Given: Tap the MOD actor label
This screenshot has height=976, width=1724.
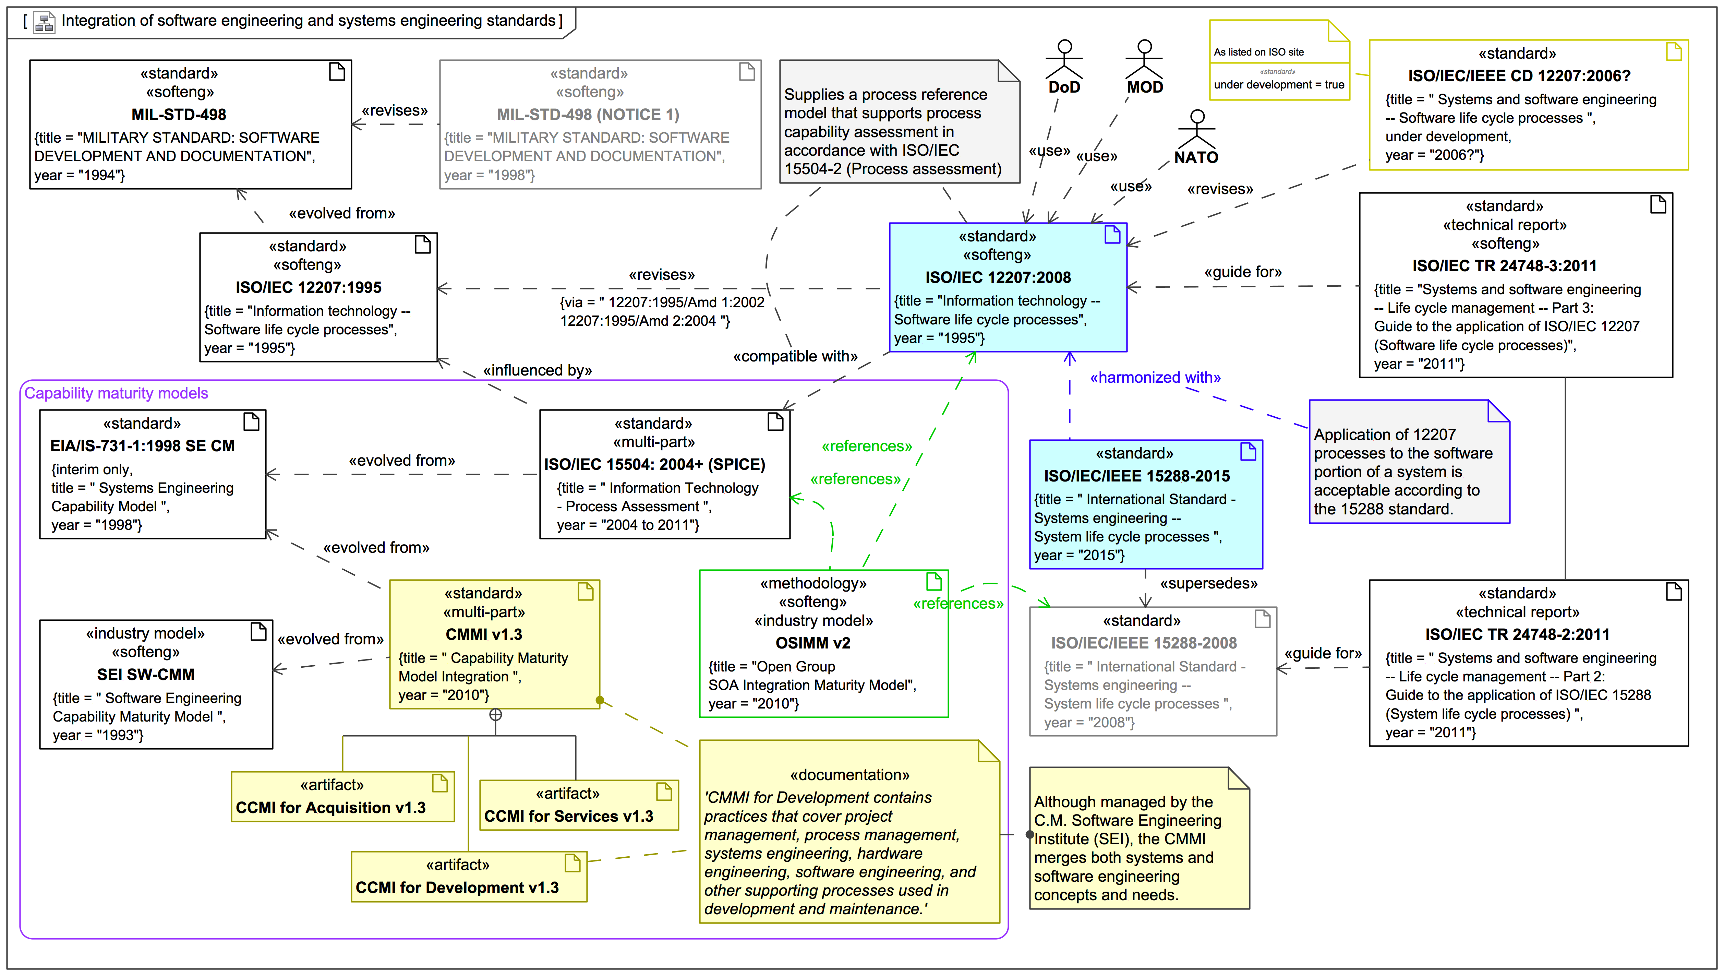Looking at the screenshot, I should [1144, 87].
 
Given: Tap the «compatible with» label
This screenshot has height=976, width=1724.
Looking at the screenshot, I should [795, 356].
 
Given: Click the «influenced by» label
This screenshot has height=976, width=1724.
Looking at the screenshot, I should [538, 370].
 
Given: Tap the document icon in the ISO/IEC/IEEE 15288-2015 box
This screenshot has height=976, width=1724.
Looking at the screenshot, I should [1247, 452].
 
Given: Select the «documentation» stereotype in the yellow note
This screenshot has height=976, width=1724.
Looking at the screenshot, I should [849, 775].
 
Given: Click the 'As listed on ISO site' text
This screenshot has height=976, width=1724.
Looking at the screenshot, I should [1258, 52].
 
